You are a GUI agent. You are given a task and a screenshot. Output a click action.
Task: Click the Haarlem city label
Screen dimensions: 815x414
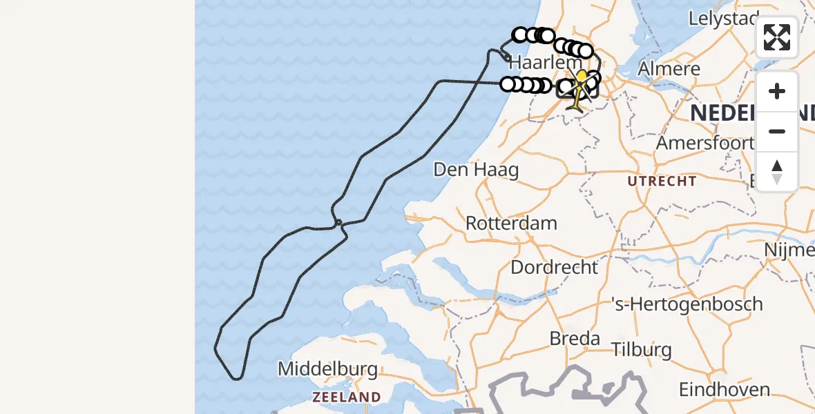[536, 63]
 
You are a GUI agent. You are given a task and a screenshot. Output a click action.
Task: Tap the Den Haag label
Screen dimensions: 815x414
[476, 170]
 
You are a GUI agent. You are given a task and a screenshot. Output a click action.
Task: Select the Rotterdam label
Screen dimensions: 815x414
[511, 224]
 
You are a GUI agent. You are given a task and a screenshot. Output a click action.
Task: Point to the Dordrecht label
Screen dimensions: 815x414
[554, 267]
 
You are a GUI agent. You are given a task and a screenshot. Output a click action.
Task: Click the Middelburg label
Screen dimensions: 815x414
[327, 369]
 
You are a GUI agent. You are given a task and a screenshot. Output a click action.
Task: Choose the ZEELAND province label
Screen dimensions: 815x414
[346, 397]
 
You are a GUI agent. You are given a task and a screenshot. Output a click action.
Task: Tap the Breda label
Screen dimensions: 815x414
[574, 339]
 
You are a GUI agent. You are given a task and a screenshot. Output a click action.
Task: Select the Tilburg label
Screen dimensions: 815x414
[642, 349]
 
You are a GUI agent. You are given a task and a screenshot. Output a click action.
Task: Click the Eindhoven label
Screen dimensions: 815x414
[725, 390]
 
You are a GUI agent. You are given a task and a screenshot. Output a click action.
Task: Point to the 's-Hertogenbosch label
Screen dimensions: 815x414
[687, 304]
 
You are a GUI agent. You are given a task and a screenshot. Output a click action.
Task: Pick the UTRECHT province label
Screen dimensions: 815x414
[662, 181]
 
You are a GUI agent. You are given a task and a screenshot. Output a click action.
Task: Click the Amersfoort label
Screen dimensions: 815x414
[704, 144]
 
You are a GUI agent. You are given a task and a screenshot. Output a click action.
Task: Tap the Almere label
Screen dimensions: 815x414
[669, 69]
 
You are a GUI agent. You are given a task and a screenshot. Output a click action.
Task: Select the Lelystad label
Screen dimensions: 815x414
[724, 19]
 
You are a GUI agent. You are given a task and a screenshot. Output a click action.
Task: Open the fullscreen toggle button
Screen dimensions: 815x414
[777, 37]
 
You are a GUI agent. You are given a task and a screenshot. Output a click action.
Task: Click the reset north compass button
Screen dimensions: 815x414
[777, 172]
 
